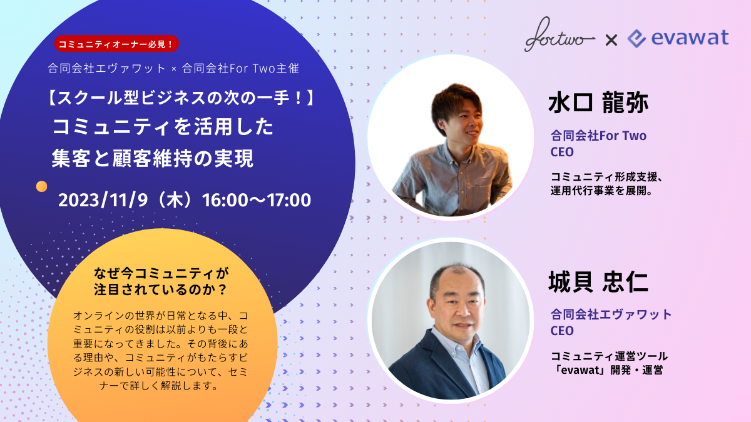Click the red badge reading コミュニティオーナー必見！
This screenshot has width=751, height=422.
coord(116,44)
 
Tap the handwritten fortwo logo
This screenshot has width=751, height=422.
coord(559,35)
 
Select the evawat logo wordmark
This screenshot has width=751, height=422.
coord(678,38)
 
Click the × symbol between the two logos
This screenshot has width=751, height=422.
coord(611,41)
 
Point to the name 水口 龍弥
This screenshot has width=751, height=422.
coord(598,103)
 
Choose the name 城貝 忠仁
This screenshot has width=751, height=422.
coord(598,282)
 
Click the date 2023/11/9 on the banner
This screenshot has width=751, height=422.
coord(103,200)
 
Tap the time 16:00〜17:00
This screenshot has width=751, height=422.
coord(257,200)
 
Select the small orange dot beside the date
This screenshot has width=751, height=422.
coord(41,186)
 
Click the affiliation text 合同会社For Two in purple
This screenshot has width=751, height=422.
coord(598,136)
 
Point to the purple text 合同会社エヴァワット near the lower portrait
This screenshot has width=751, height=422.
coord(611,314)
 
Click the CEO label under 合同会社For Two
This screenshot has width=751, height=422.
coord(562,152)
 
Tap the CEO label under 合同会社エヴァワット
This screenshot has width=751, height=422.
coord(562,331)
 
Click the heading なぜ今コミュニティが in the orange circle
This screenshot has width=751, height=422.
coord(161,274)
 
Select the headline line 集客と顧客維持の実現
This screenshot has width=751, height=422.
coord(153,158)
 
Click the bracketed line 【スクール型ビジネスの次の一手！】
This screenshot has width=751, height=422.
coord(181,98)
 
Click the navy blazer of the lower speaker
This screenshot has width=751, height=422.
coord(436,368)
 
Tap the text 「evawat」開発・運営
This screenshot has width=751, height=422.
coord(608,370)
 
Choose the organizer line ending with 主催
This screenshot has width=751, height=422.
coord(173,68)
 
